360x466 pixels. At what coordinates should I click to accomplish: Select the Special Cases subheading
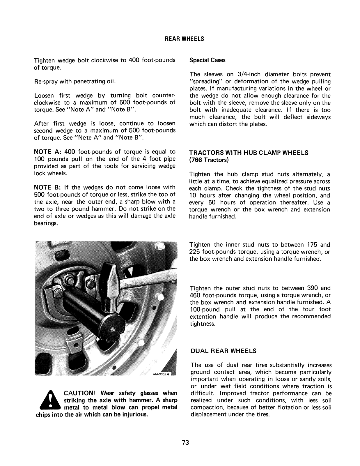pos(207,60)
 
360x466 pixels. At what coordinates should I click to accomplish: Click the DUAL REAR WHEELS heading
pos(224,351)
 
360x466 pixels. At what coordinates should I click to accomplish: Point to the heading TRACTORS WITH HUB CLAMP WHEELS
pos(249,153)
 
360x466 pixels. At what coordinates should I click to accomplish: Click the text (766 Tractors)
pos(209,160)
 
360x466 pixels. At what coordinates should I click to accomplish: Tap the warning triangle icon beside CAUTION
pos(51,400)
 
